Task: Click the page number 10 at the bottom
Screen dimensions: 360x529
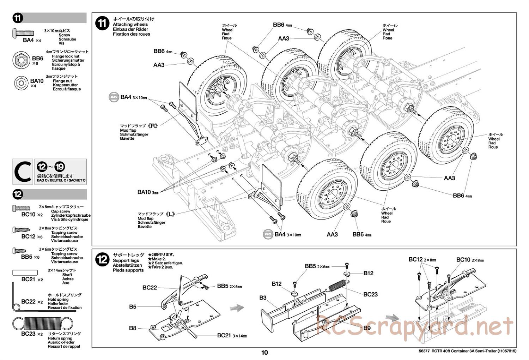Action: click(264, 352)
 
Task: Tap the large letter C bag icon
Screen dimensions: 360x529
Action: click(23, 172)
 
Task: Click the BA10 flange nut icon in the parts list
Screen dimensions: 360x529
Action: click(21, 83)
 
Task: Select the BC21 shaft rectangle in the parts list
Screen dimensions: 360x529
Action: click(25, 272)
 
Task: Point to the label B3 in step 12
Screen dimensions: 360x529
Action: click(263, 298)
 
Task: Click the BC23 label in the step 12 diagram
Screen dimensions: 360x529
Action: click(370, 294)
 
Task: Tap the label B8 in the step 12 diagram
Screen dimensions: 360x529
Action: click(133, 328)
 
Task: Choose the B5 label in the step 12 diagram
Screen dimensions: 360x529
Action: click(133, 307)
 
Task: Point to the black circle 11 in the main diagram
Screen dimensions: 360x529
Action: click(102, 24)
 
